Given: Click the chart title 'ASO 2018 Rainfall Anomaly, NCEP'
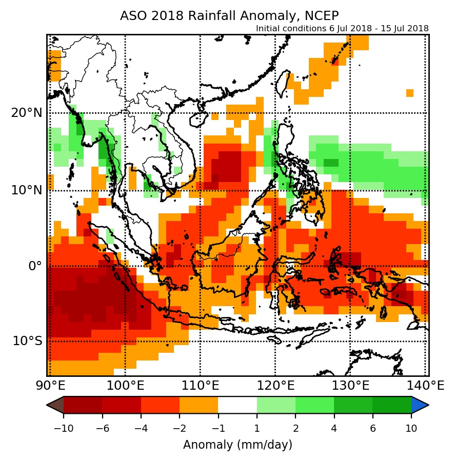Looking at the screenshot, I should coord(229,15).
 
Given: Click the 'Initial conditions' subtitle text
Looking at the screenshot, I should coord(342,29).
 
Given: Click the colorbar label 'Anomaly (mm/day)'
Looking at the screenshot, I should coord(238,444).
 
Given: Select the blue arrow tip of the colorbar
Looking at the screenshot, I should coord(421,405).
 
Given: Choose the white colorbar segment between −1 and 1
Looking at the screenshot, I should coord(238,405).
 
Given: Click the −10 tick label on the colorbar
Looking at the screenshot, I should coord(63,429).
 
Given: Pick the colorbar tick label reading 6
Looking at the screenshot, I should coord(372,429).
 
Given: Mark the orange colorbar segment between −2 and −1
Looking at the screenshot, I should coord(199,405).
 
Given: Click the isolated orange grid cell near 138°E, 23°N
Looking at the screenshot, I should coord(410,93).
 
